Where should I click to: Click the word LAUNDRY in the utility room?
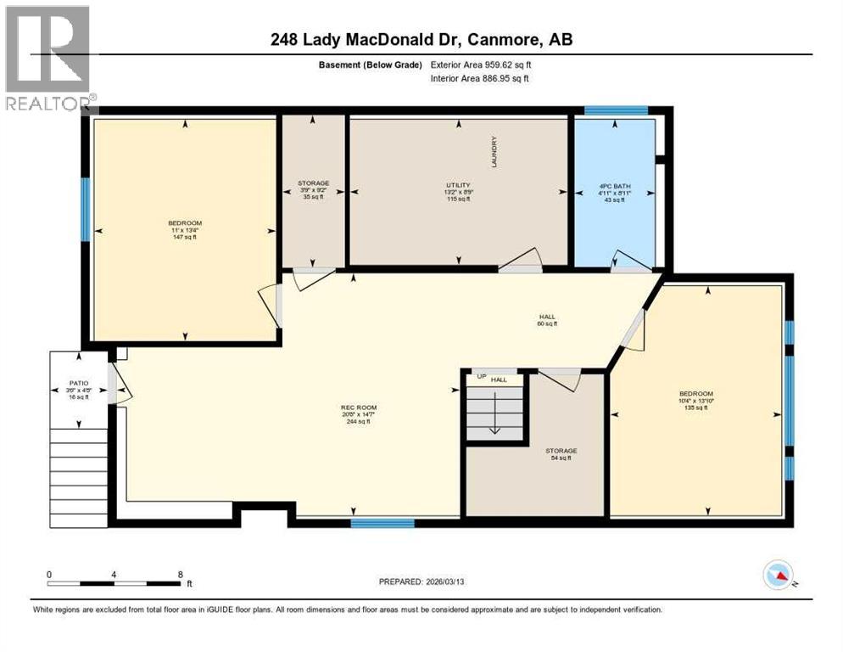(494, 152)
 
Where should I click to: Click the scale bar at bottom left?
(114, 583)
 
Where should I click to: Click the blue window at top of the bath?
(617, 110)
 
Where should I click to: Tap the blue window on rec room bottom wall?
(382, 523)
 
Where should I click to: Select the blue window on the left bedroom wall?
(85, 208)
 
